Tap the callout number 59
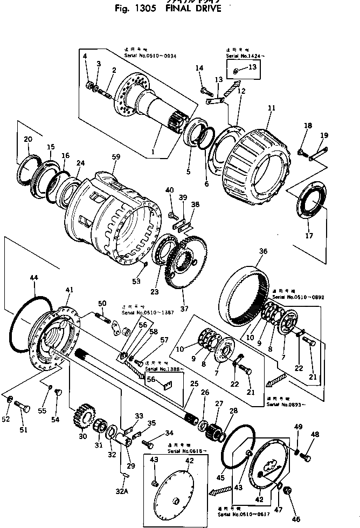(116, 157)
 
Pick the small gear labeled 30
(81, 415)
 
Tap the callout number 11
(271, 108)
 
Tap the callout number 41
(68, 290)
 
